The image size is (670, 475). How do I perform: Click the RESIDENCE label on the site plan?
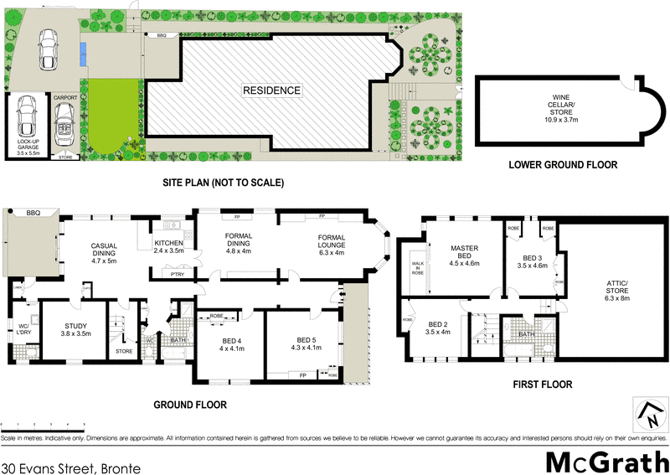[x=272, y=90]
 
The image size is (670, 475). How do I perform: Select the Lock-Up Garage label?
[x=28, y=150]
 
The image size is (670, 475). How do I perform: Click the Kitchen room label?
[x=169, y=246]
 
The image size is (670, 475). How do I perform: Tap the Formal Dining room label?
[x=239, y=244]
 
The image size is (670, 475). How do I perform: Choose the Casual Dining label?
[x=108, y=253]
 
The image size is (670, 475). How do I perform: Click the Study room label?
[x=76, y=328]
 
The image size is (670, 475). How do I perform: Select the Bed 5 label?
[x=306, y=343]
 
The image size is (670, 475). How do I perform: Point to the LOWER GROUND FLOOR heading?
[x=563, y=165]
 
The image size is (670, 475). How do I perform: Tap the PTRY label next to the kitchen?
[x=177, y=274]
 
